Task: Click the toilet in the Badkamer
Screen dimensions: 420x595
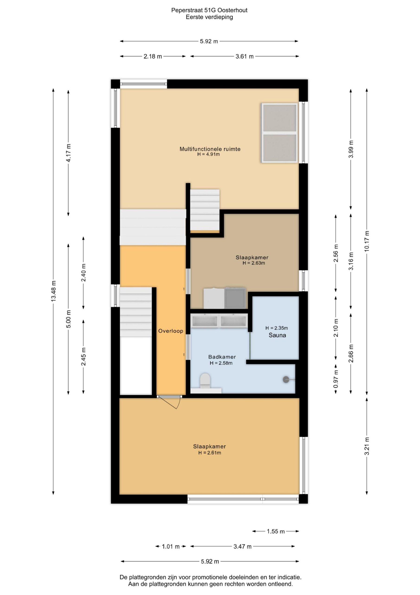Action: coord(205,381)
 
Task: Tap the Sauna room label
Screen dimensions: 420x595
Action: coord(277,335)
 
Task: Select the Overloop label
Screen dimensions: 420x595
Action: coord(171,331)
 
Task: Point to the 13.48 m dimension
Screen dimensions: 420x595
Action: coord(53,291)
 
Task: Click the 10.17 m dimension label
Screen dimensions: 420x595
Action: coord(367,241)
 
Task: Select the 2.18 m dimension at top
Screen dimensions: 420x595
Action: coord(153,56)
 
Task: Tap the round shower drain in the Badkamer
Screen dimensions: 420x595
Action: coord(286,380)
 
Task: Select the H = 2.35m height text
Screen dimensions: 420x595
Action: coord(277,328)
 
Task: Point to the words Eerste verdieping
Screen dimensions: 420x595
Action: coord(209,17)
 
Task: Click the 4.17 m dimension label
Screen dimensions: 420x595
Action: coord(68,153)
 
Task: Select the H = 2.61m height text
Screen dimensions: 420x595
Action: coord(210,453)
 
